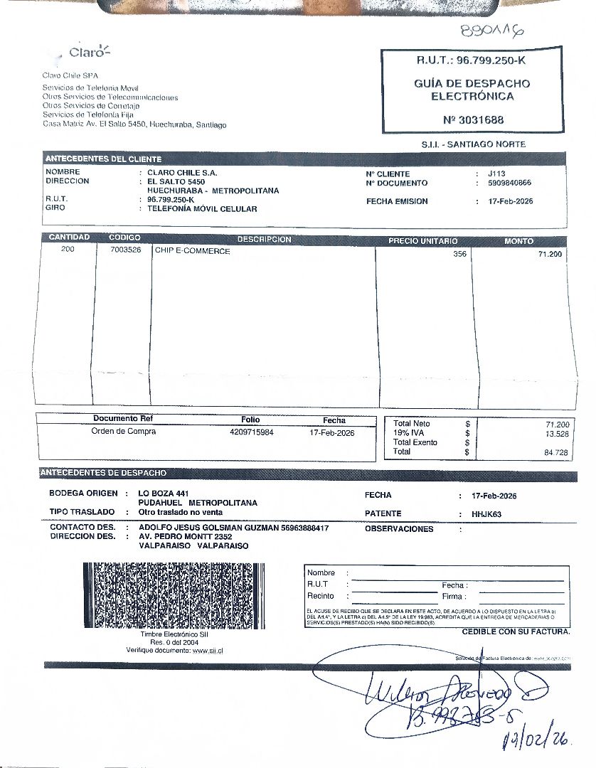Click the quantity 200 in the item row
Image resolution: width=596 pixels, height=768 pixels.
(68, 250)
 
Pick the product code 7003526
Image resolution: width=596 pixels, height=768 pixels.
(125, 250)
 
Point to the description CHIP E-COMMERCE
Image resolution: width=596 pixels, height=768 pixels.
(193, 251)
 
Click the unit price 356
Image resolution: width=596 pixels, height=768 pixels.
(459, 254)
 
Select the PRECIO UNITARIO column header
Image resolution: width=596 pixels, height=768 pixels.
(422, 241)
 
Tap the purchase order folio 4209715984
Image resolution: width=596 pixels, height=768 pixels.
(252, 432)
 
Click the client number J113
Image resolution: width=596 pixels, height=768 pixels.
(496, 174)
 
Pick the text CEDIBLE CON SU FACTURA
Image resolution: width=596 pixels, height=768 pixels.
(516, 631)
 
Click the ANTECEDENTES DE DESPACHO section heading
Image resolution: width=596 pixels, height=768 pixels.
(104, 473)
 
